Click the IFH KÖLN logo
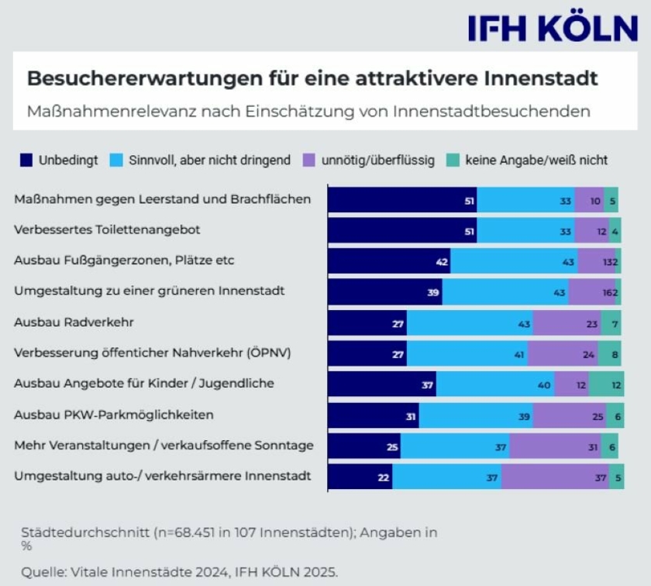(553, 28)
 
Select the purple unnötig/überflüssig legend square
(308, 160)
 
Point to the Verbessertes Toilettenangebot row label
(108, 229)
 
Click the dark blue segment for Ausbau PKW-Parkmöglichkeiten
(373, 415)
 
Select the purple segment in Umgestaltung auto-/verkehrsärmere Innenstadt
(555, 477)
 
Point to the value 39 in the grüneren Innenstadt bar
(433, 292)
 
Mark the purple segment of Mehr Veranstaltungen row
(555, 446)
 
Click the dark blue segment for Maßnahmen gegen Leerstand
(401, 199)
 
